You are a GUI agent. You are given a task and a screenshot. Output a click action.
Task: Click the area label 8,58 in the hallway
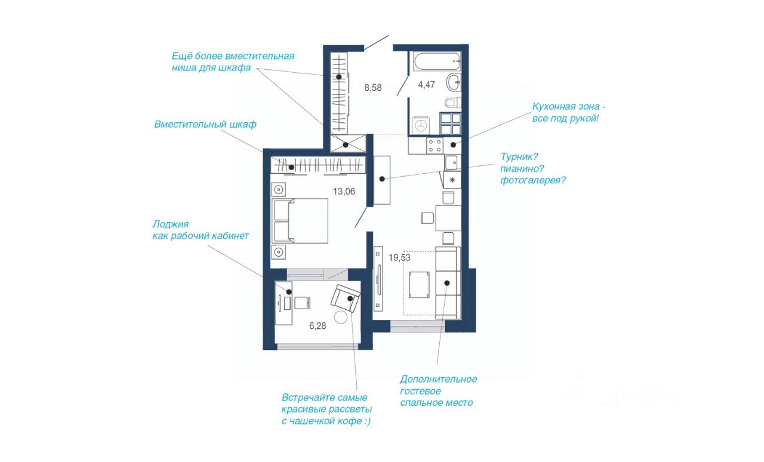click(373, 88)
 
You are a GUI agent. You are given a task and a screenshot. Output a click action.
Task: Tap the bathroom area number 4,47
click(426, 85)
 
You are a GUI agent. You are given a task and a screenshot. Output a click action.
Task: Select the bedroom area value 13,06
click(344, 192)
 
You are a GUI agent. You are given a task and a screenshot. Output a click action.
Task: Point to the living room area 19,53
click(399, 258)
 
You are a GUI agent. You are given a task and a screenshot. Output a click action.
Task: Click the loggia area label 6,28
click(318, 326)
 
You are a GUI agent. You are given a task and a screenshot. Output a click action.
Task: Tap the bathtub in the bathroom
click(437, 61)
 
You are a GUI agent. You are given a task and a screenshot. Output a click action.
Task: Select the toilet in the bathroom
click(452, 102)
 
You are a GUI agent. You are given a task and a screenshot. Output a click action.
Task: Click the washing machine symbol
click(421, 125)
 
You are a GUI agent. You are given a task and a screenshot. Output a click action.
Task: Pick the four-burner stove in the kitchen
click(435, 146)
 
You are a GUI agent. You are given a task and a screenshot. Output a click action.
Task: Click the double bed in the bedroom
click(300, 221)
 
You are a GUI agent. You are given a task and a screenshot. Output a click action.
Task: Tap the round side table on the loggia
click(340, 317)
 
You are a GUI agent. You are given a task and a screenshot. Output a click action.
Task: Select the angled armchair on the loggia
click(346, 298)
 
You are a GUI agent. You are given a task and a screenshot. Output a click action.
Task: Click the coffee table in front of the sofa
click(419, 285)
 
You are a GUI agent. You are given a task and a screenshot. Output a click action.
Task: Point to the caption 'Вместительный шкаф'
click(205, 124)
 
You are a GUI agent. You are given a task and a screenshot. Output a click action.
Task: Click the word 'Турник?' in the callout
click(519, 156)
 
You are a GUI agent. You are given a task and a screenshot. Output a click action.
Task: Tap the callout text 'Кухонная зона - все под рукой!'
click(569, 112)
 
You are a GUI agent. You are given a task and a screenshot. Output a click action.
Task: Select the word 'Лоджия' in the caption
click(171, 224)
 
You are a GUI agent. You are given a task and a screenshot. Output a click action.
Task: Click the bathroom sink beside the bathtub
click(454, 82)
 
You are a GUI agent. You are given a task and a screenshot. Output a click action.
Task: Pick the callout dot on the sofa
click(447, 283)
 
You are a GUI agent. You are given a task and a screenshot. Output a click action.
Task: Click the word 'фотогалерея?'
click(533, 180)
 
